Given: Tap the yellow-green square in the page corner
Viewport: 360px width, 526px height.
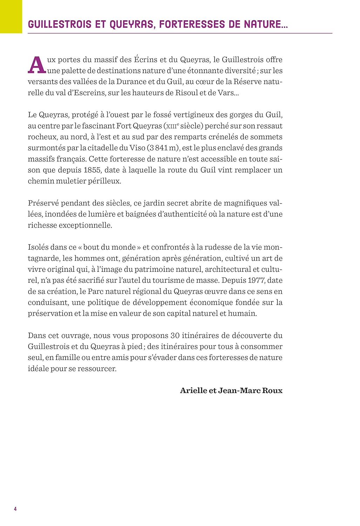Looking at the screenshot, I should (x=11, y=16).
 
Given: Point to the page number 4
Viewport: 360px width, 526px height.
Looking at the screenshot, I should (x=15, y=509).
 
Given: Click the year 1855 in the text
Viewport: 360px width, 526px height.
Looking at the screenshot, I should (x=93, y=170).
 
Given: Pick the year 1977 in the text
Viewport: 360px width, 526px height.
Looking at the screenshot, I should (x=257, y=281).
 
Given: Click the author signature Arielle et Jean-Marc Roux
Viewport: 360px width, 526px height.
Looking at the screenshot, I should (x=231, y=391).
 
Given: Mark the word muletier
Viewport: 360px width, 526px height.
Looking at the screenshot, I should (x=67, y=181).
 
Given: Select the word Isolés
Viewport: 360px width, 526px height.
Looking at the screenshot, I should (x=38, y=247).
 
